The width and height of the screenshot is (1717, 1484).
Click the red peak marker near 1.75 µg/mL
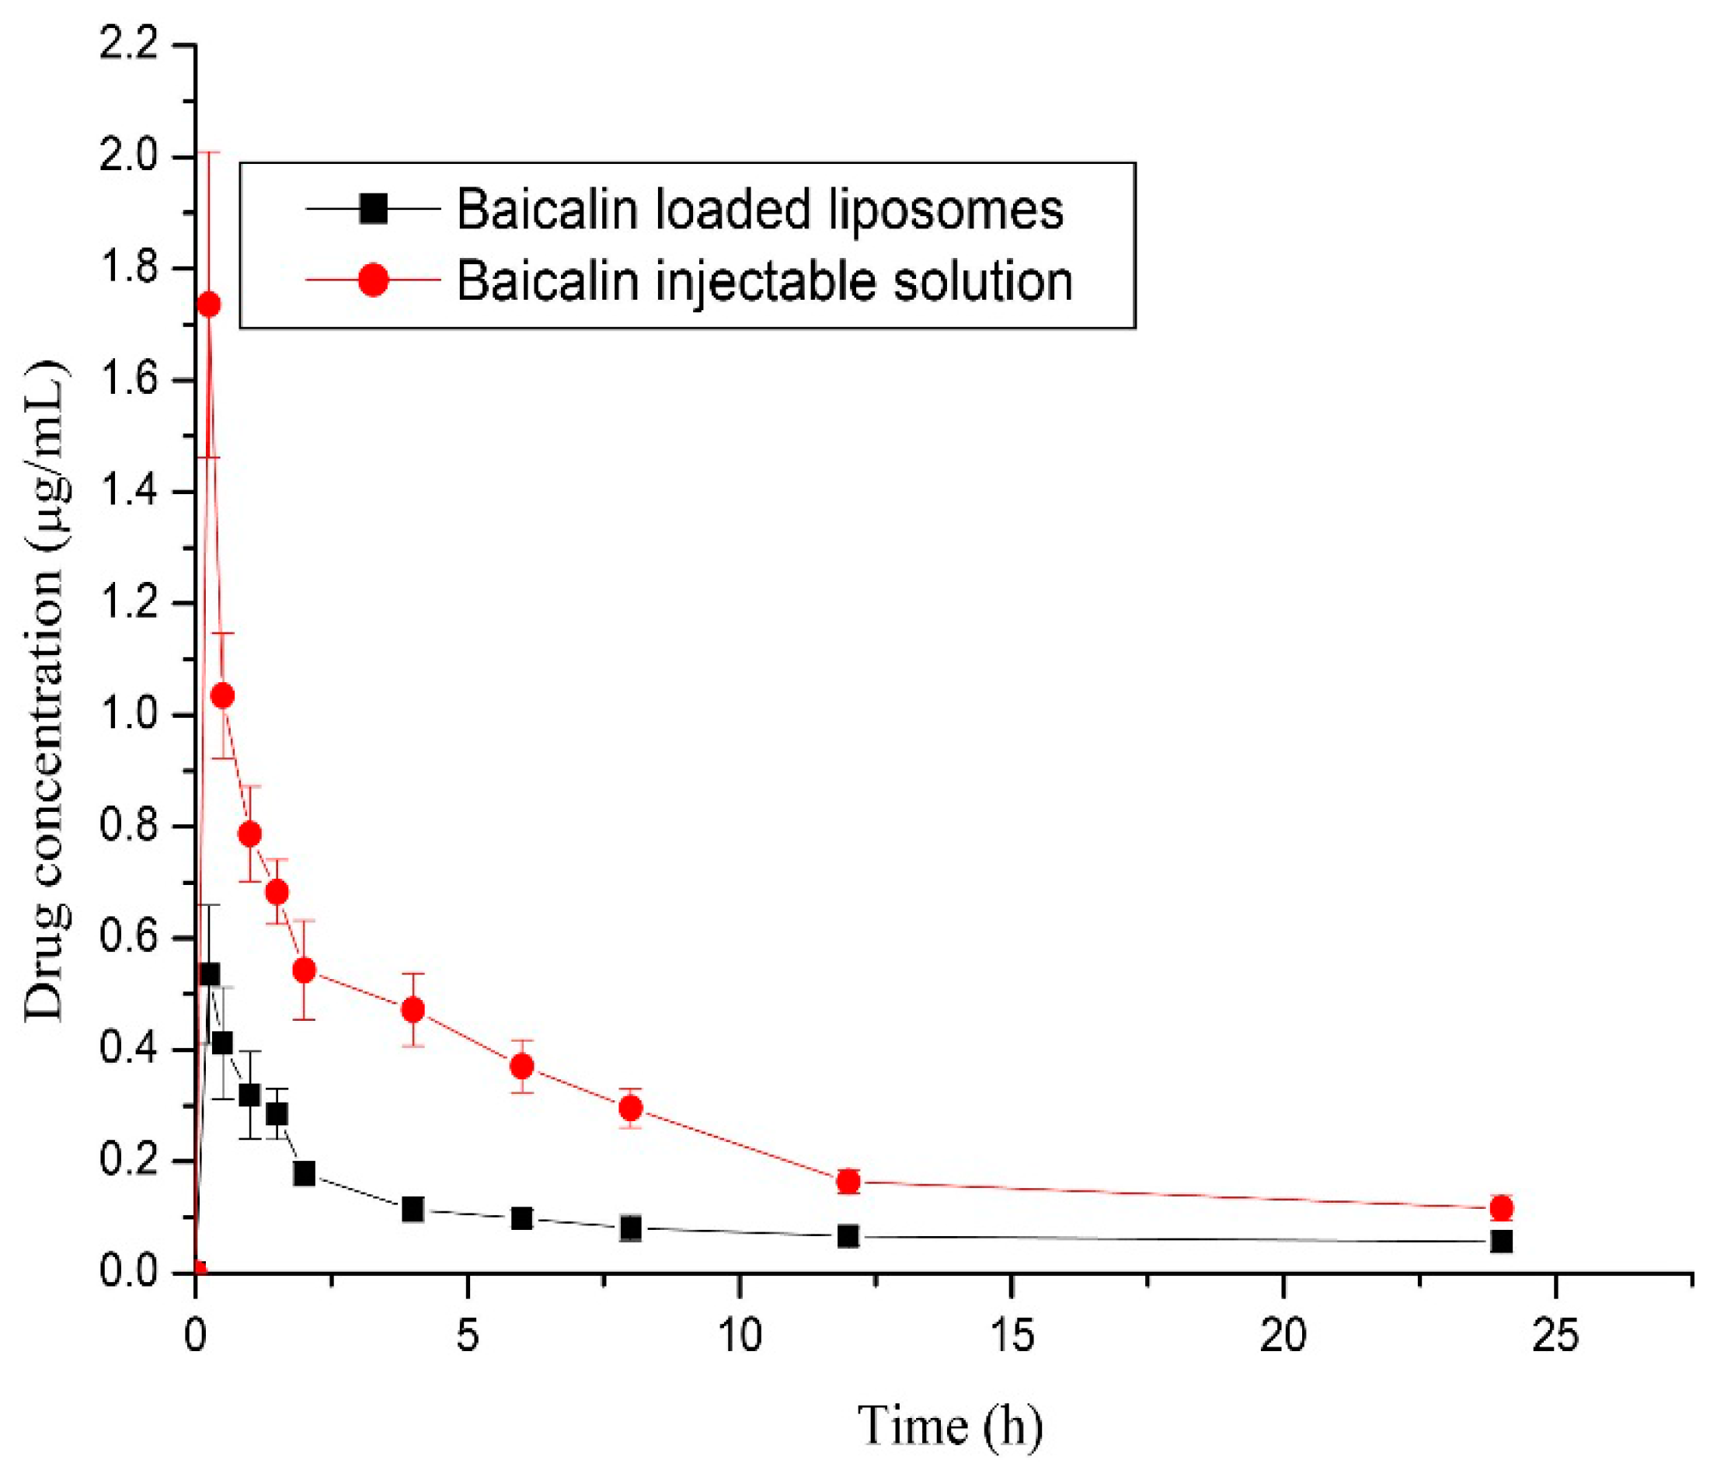pos(209,305)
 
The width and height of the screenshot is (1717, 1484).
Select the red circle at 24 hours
pos(1501,1208)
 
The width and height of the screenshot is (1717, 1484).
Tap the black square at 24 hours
pos(1501,1242)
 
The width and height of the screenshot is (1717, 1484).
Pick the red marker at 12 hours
pos(848,1182)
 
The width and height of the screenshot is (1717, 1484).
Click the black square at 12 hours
pos(848,1236)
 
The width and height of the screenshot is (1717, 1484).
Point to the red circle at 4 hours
pos(413,1009)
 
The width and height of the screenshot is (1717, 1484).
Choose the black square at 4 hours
pos(413,1210)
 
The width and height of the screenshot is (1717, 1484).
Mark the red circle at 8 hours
pos(631,1108)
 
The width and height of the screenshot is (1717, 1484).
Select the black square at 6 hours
pos(521,1218)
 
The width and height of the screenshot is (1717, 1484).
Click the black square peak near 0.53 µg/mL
pos(209,974)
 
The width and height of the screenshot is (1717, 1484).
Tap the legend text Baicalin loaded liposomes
pos(760,210)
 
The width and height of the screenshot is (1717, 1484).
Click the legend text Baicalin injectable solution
pos(764,281)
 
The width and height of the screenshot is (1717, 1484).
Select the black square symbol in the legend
pos(373,209)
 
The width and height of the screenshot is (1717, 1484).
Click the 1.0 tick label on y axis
pos(128,714)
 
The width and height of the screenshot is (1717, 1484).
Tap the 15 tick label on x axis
pos(1011,1336)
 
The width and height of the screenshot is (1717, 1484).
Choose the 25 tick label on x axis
pos(1555,1336)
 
